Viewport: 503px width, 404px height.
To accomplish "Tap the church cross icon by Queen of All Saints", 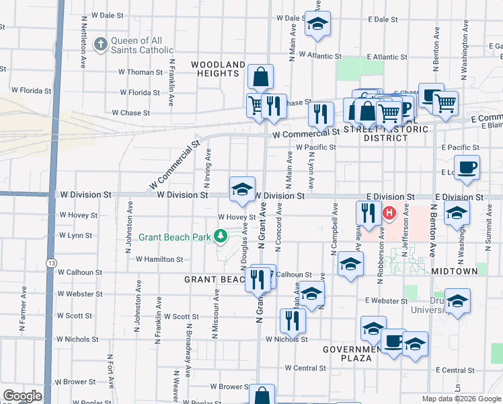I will (x=100, y=45).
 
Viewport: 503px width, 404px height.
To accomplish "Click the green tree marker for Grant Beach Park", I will (x=220, y=236).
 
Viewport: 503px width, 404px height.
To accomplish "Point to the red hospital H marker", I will (x=389, y=214).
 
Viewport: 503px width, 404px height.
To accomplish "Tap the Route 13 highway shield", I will (x=51, y=261).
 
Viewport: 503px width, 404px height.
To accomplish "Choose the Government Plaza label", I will (x=356, y=353).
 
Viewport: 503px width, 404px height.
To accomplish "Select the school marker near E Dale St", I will (x=317, y=24).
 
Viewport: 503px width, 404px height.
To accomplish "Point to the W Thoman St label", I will (x=140, y=72).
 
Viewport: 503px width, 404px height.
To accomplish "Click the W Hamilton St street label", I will (x=159, y=259).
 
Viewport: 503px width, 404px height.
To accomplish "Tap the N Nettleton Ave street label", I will (x=84, y=42).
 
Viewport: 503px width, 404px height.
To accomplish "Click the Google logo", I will (x=22, y=396).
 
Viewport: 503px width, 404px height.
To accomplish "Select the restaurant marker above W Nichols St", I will (x=291, y=320).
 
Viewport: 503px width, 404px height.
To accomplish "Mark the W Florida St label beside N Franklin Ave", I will (x=140, y=93).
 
